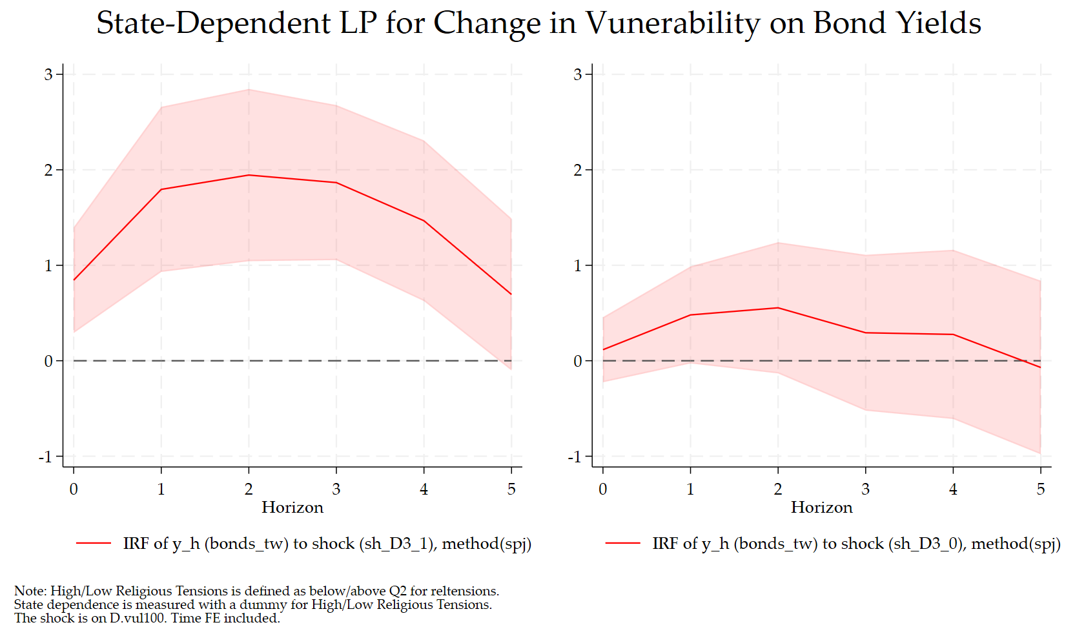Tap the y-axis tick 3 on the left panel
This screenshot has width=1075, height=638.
(x=48, y=75)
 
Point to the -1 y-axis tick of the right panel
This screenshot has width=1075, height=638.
(x=575, y=457)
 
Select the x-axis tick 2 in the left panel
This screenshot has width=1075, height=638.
(x=249, y=489)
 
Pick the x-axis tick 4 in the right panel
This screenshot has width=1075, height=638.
(x=953, y=489)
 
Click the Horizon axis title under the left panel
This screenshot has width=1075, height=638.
(x=292, y=508)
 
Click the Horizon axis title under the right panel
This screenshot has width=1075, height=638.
(x=821, y=508)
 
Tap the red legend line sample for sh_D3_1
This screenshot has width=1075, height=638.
(x=94, y=544)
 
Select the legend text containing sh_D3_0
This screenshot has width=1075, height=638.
(x=856, y=544)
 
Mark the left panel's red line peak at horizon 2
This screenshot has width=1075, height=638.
(x=249, y=175)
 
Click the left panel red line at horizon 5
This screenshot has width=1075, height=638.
(x=511, y=294)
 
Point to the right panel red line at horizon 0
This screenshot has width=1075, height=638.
(x=603, y=350)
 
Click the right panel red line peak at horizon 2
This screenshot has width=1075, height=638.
(x=778, y=308)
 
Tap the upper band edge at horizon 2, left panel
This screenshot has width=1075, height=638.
(x=249, y=90)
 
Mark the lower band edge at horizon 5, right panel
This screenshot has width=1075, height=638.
(x=1040, y=453)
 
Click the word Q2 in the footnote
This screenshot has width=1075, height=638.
(x=398, y=591)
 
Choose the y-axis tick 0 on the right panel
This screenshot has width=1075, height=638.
(x=578, y=362)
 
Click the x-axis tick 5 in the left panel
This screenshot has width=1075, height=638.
(x=511, y=489)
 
